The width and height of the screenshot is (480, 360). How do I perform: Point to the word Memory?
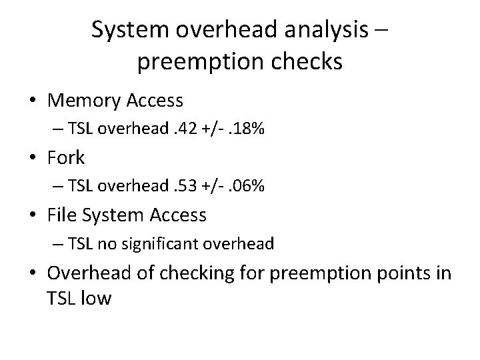coord(82,101)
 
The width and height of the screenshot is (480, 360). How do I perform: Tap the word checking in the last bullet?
coord(195,273)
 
